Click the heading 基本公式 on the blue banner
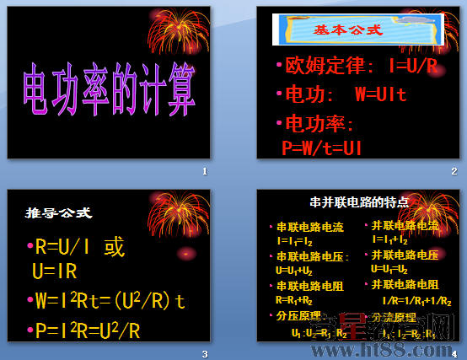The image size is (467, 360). click(x=347, y=30)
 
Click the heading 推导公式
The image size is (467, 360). click(x=58, y=212)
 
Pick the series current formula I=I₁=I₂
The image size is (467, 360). click(x=294, y=240)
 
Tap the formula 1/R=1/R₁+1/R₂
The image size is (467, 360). click(x=416, y=299)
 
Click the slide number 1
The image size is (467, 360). click(x=205, y=171)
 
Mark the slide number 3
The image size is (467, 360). click(x=205, y=353)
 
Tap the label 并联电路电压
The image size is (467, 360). click(x=405, y=255)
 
